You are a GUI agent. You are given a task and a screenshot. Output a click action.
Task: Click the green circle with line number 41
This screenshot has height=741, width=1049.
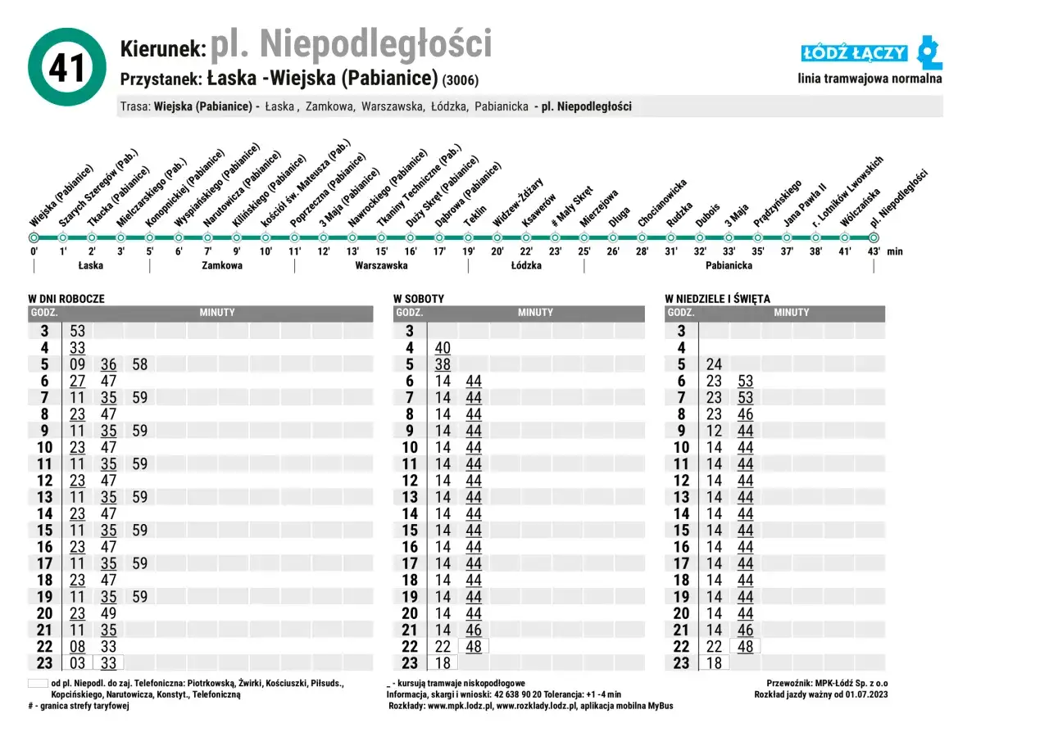click(67, 67)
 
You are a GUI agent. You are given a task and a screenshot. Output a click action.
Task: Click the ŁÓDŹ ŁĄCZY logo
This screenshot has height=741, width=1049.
click(870, 53)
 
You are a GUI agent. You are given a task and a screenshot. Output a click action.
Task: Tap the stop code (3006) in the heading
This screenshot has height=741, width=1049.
click(460, 80)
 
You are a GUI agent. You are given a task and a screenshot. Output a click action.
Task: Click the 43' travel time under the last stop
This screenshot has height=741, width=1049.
click(874, 251)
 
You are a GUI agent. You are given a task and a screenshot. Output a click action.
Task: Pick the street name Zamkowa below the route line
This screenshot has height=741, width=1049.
click(222, 265)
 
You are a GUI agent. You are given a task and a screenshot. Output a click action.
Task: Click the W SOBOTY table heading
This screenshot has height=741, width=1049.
click(419, 299)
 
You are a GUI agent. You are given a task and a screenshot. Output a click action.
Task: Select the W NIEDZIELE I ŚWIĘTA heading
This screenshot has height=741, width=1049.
click(717, 299)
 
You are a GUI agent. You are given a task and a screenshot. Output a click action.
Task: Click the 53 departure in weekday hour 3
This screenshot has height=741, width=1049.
click(78, 331)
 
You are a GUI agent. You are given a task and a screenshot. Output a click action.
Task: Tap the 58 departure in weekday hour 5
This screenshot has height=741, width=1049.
click(140, 364)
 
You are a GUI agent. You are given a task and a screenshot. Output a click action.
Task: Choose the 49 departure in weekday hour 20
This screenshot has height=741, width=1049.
click(109, 613)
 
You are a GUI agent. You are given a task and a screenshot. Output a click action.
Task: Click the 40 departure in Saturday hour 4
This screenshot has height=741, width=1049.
click(443, 348)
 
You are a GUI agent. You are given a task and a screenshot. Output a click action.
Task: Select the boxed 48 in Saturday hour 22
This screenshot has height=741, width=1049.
click(474, 646)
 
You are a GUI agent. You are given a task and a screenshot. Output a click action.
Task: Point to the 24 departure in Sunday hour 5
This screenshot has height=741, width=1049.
click(714, 364)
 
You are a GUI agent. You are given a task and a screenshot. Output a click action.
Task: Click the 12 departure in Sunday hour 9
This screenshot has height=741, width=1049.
click(714, 431)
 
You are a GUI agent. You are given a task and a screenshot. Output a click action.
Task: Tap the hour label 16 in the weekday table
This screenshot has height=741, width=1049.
click(44, 547)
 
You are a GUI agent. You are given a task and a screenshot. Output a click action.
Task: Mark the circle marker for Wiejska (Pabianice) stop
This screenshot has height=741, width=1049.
click(34, 237)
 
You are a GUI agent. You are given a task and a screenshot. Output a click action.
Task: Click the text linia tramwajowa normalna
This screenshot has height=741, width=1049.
click(870, 79)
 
